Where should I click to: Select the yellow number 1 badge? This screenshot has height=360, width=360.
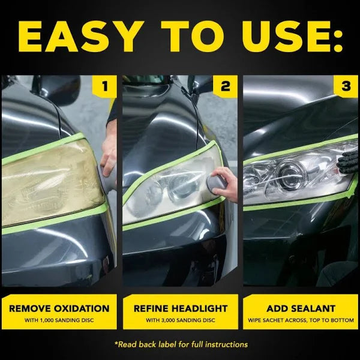pos(105,86)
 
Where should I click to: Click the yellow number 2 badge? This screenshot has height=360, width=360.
pos(225,86)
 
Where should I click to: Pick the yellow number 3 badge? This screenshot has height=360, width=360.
pos(346,86)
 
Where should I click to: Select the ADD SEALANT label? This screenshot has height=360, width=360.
pos(300,308)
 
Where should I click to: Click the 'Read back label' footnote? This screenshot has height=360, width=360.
pos(180,344)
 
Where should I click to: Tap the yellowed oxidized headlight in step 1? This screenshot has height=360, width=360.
pos(51,183)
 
